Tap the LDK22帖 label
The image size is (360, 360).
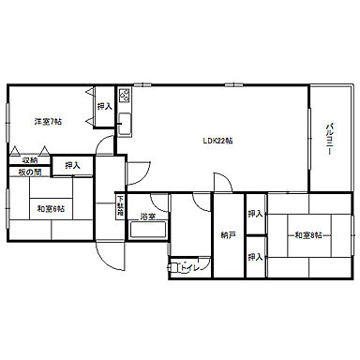(x=218, y=141)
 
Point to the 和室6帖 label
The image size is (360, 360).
(x=51, y=207)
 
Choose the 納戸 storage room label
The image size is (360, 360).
(x=228, y=235)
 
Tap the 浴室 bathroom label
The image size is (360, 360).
(x=147, y=217)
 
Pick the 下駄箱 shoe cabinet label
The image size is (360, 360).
(x=120, y=203)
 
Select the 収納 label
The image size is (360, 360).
(x=31, y=160)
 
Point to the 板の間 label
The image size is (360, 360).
(x=29, y=172)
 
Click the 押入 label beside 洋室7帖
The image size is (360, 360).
(x=104, y=106)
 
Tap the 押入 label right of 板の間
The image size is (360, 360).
(x=72, y=166)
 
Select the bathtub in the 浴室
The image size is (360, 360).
(x=147, y=231)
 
